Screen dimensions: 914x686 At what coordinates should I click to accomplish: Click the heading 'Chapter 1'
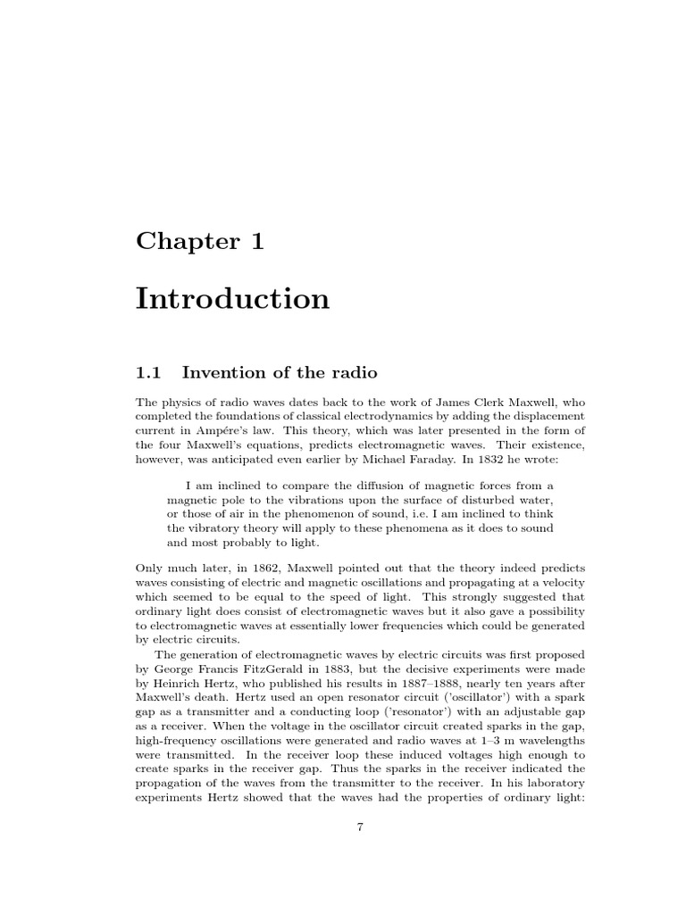point(199,241)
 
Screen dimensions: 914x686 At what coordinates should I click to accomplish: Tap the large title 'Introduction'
point(232,298)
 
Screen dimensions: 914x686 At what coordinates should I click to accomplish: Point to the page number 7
point(360,827)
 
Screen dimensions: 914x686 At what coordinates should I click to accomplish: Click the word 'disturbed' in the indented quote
point(491,500)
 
